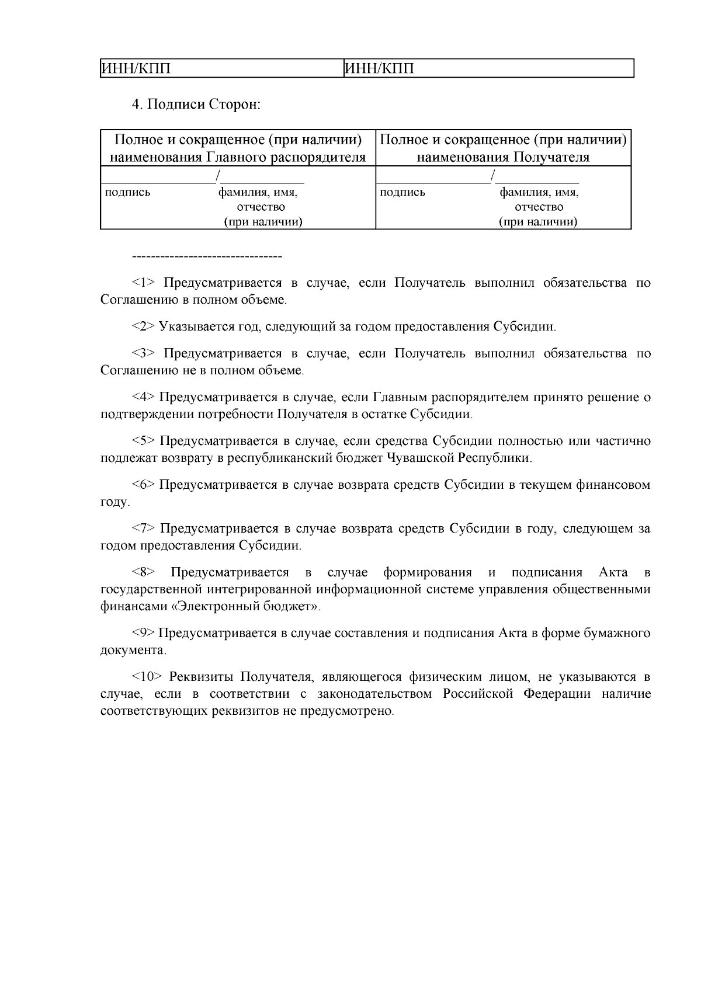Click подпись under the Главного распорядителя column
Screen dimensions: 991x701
tap(127, 192)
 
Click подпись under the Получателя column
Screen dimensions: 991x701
tap(402, 192)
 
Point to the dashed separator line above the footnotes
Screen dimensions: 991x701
tap(207, 256)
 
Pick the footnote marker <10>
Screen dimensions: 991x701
tap(147, 677)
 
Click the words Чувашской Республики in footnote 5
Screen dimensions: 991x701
tap(459, 458)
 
